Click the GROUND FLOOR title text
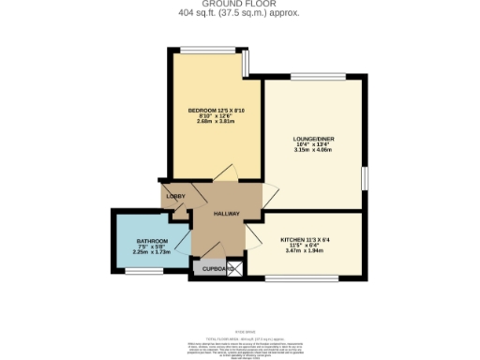coord(239,4)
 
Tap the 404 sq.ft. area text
coord(239,12)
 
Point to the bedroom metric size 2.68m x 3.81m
coord(214,121)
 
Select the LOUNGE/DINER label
coord(313,139)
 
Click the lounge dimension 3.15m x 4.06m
coord(313,150)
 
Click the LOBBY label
coord(174,196)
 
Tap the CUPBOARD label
coord(212,269)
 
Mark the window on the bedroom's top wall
coord(207,49)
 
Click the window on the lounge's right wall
coord(364,178)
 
